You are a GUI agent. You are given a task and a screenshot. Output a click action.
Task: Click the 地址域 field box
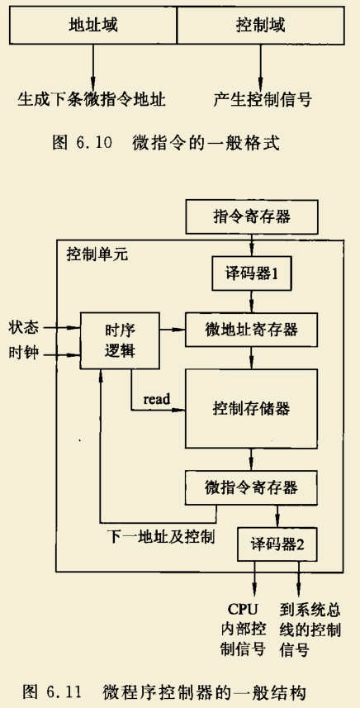click(92, 25)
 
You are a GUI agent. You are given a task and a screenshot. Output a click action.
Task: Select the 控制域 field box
click(260, 25)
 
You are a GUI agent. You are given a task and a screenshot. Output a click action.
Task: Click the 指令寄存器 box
click(252, 218)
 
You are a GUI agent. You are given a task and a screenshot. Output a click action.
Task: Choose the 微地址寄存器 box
click(252, 330)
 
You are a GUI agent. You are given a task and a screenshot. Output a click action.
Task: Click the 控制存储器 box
click(252, 408)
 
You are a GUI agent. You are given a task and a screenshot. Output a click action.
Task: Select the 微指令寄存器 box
click(252, 485)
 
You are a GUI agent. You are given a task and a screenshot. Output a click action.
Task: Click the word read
click(156, 400)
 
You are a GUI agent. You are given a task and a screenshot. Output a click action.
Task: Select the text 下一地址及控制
click(162, 536)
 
